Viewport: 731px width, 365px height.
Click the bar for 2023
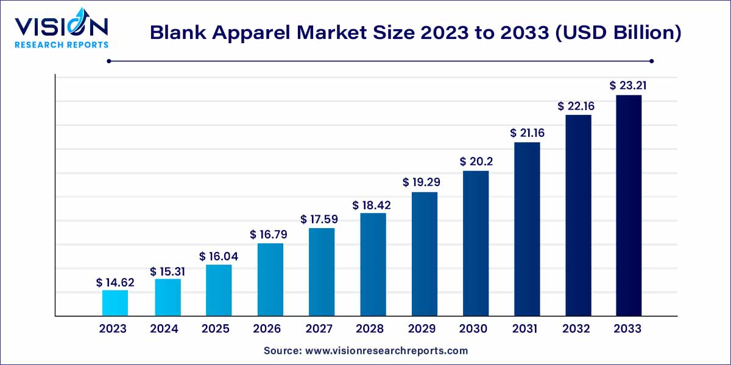(x=115, y=303)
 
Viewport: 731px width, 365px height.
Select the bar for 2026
(x=270, y=279)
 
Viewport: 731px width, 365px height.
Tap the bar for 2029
(x=425, y=254)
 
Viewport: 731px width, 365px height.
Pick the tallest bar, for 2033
(x=629, y=205)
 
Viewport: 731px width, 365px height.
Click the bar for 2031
(x=527, y=229)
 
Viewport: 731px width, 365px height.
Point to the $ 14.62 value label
(x=115, y=282)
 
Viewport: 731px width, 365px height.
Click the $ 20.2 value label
(x=476, y=161)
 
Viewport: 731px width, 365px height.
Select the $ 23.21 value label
(x=628, y=86)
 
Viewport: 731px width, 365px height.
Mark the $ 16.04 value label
(x=218, y=257)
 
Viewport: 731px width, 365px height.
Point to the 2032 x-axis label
(x=576, y=329)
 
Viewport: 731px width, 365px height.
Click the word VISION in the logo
(x=61, y=26)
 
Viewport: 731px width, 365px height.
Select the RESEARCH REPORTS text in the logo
(x=62, y=44)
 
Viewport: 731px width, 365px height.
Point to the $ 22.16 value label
(x=577, y=106)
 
